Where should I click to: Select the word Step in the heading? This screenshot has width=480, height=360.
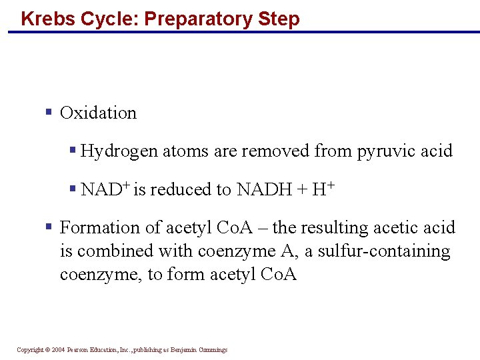pos(280,18)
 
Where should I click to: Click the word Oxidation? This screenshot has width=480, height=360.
pos(98,113)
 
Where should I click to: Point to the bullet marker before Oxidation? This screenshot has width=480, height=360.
pos(49,111)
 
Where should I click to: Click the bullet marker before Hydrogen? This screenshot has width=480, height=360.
pos(73,150)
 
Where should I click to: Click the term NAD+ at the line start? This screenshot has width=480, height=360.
pos(105,189)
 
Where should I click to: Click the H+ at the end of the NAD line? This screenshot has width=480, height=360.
pos(323,189)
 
